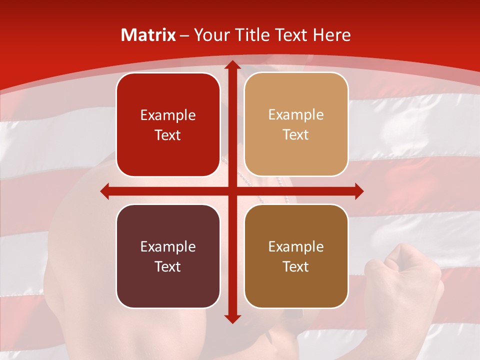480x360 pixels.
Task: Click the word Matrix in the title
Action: coord(148,35)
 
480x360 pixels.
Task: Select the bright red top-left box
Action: coord(168,125)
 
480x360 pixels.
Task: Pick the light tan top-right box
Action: coord(296,125)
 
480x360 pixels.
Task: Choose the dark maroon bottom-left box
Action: coord(168,256)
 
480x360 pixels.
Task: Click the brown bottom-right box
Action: coord(296,256)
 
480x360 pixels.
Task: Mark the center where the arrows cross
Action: coord(232,191)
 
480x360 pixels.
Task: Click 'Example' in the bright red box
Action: coord(168,115)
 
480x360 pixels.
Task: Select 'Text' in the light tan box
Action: coord(296,135)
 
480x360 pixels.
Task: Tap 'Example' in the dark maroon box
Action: coord(168,246)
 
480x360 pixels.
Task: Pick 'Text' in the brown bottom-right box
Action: coord(296,266)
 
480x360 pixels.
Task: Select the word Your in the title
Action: coord(211,35)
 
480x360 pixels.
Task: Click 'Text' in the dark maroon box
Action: coord(168,266)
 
